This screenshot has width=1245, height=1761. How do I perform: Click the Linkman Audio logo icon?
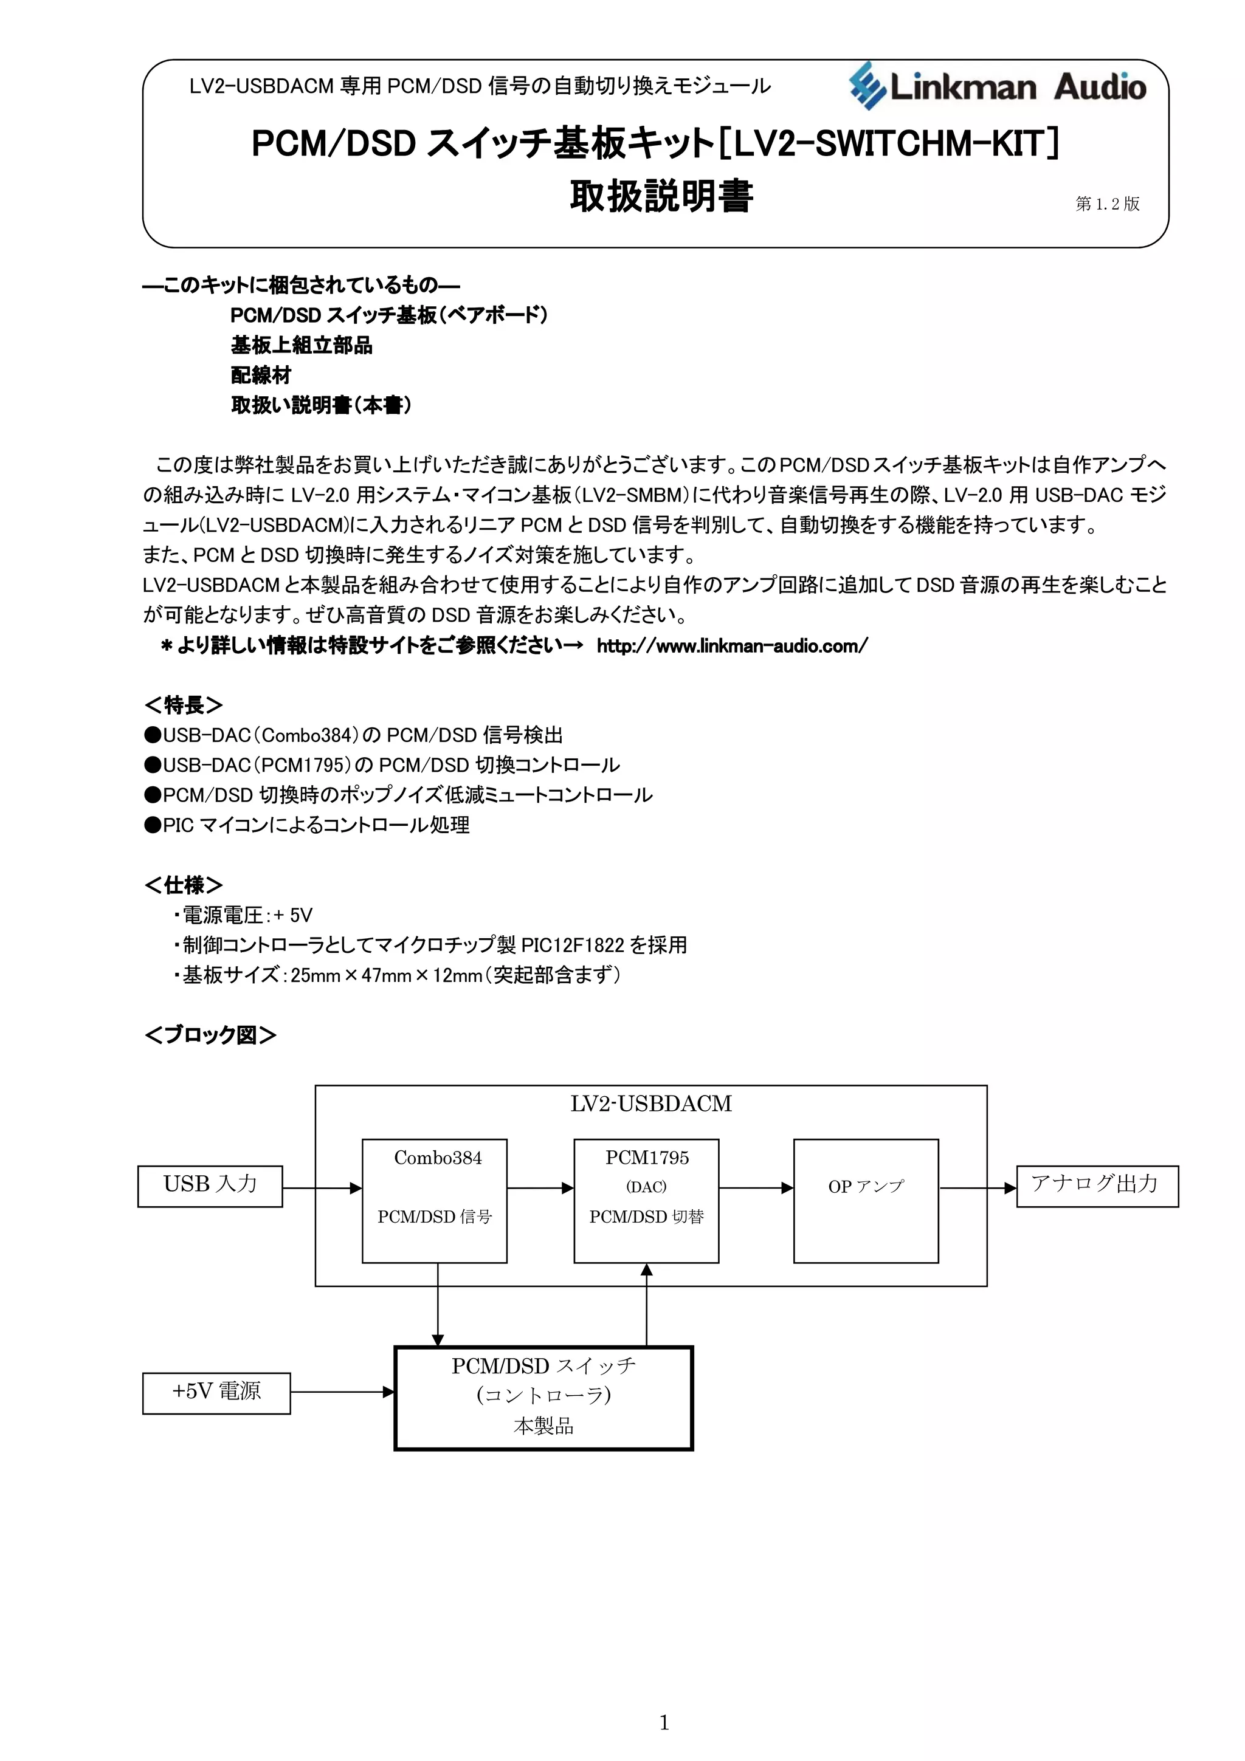tap(867, 85)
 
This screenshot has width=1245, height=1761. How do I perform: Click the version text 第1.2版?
tap(1107, 203)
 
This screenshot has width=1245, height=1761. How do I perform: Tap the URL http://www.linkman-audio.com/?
tap(732, 646)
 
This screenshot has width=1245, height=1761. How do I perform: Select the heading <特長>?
tap(184, 704)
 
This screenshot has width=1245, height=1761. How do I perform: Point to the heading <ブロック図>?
tap(210, 1035)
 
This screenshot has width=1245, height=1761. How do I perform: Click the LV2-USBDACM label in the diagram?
tap(650, 1104)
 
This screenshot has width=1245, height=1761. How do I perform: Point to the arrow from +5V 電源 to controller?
tap(342, 1392)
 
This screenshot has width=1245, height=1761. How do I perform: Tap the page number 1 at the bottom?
tap(664, 1723)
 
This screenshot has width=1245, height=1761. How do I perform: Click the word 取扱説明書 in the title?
tap(661, 196)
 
